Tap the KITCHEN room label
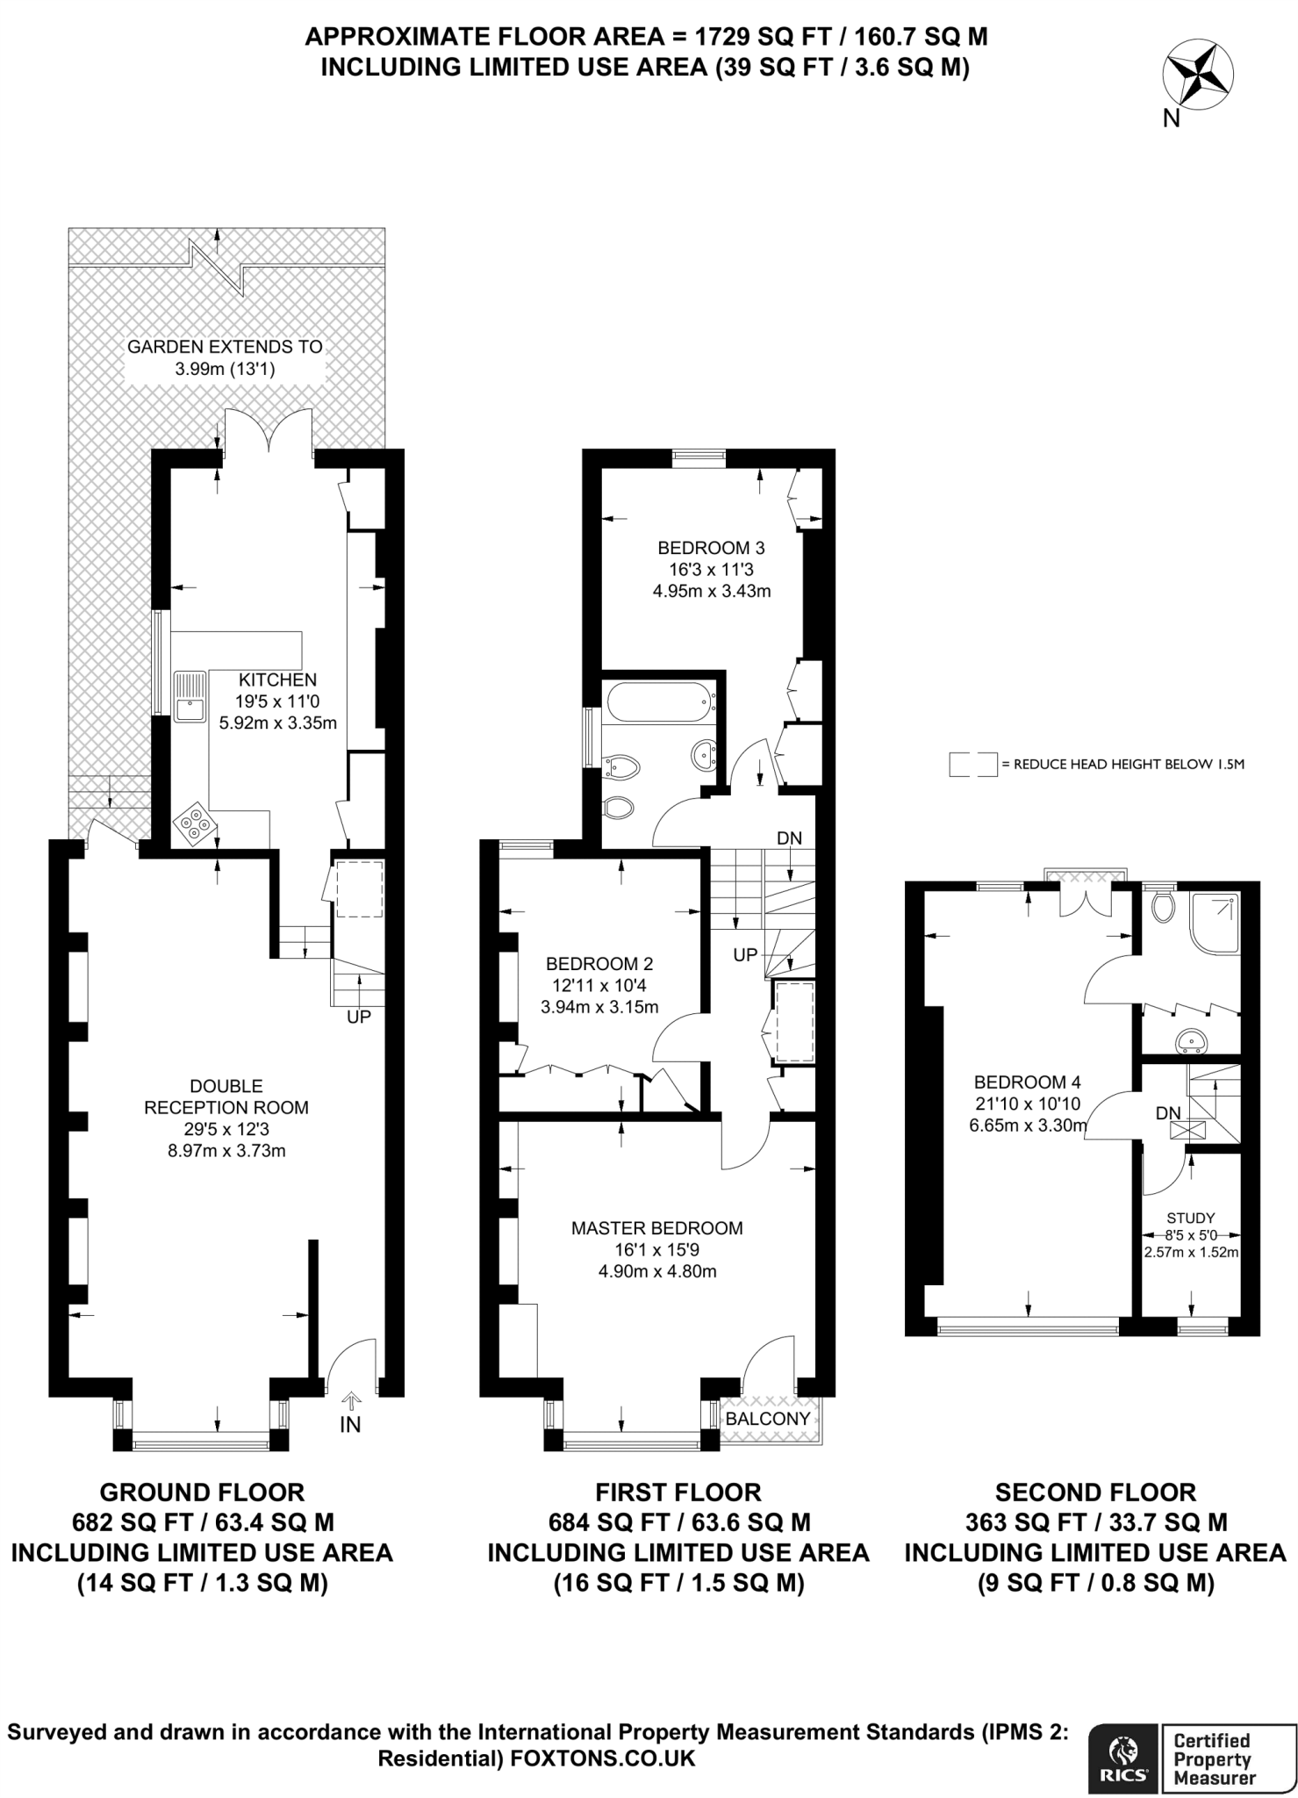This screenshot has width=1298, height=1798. click(x=277, y=680)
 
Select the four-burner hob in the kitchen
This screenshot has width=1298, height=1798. click(x=195, y=825)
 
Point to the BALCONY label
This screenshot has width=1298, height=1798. click(x=768, y=1419)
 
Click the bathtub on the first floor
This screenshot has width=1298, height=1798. click(x=660, y=701)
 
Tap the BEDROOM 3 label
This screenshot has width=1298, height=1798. click(x=711, y=548)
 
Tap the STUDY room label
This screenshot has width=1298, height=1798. click(x=1190, y=1218)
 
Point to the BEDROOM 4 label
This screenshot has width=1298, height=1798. click(x=1027, y=1082)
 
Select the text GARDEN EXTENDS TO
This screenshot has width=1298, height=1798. click(x=225, y=347)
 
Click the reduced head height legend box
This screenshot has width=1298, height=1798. click(x=972, y=764)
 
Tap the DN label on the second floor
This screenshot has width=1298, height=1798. click(x=1167, y=1113)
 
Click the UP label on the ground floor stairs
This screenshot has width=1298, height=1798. click(x=359, y=1018)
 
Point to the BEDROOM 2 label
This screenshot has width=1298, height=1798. click(x=599, y=964)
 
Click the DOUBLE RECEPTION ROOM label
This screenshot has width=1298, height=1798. click(x=226, y=1097)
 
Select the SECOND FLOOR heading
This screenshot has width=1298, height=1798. click(x=1095, y=1492)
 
